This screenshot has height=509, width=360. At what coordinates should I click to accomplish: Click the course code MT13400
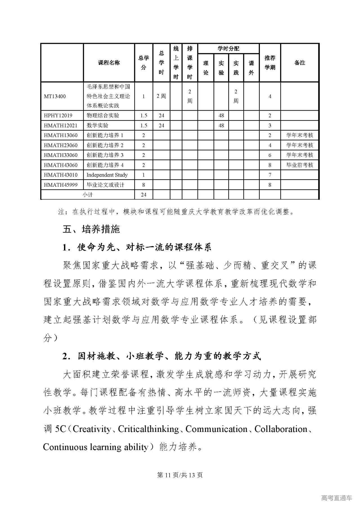point(55,96)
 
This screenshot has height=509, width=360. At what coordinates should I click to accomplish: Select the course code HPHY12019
point(58,116)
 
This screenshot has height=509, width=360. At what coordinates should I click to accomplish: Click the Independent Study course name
point(107,175)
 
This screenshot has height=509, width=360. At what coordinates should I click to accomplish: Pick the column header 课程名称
point(109,63)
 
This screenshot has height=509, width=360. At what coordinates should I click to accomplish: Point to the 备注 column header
point(300,63)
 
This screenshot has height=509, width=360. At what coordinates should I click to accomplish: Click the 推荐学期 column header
point(270,63)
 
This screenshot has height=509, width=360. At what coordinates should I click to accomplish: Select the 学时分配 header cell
point(228,49)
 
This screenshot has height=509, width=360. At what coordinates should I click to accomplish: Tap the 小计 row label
point(87,195)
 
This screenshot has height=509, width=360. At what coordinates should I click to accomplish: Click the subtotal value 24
point(143,195)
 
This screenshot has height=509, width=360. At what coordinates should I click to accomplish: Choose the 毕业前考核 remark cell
point(300,165)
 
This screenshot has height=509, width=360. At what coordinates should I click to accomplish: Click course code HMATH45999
point(61,185)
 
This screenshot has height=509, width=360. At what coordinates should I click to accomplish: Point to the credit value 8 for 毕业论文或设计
point(143,185)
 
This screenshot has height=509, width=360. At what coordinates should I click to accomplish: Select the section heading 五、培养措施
point(91,229)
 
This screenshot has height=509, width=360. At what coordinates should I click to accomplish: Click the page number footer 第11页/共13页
point(180,475)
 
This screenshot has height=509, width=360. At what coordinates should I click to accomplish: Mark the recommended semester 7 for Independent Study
point(270,175)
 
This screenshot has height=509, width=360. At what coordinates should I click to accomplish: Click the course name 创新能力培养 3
point(105,155)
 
